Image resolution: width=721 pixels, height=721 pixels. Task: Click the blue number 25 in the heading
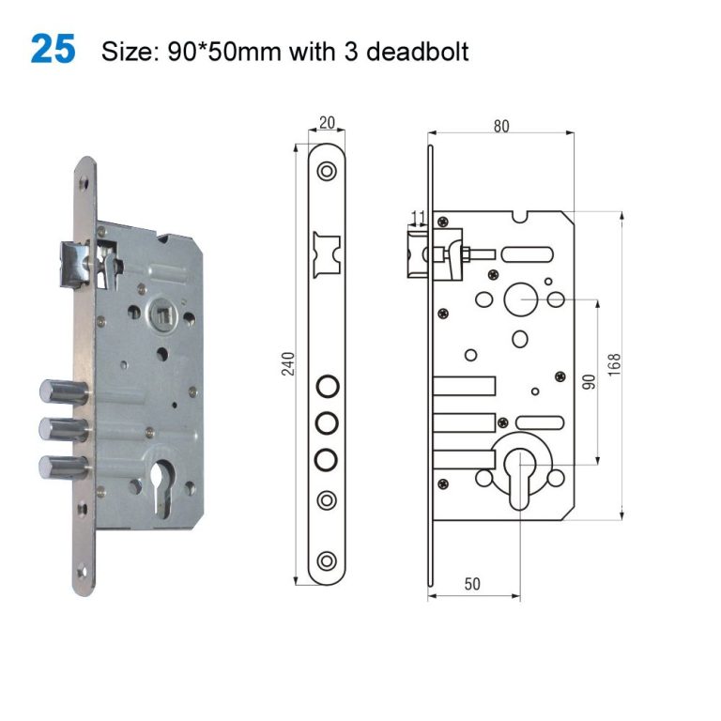pos(53,50)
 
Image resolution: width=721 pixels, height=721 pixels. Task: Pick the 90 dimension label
pos(590,381)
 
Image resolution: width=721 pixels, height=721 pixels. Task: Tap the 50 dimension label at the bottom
pos(472,583)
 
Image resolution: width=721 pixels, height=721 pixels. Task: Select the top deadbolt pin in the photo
pos(59,391)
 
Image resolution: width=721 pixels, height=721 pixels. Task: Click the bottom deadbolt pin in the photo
pos(59,466)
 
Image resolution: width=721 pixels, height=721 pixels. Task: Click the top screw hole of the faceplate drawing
pos(327,172)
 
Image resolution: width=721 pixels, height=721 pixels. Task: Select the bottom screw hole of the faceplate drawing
pos(327,560)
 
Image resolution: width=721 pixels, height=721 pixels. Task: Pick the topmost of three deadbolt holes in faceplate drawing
pos(327,386)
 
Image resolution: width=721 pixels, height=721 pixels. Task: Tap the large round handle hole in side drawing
pos(518,299)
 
